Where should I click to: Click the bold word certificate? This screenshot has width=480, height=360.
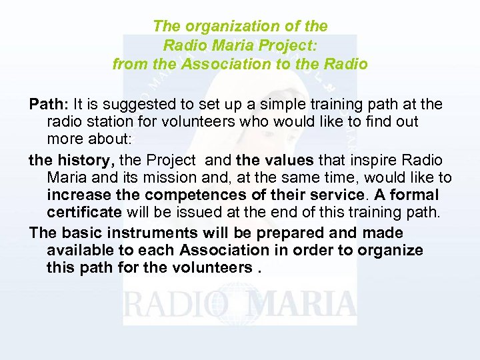pyautogui.click(x=84, y=213)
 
